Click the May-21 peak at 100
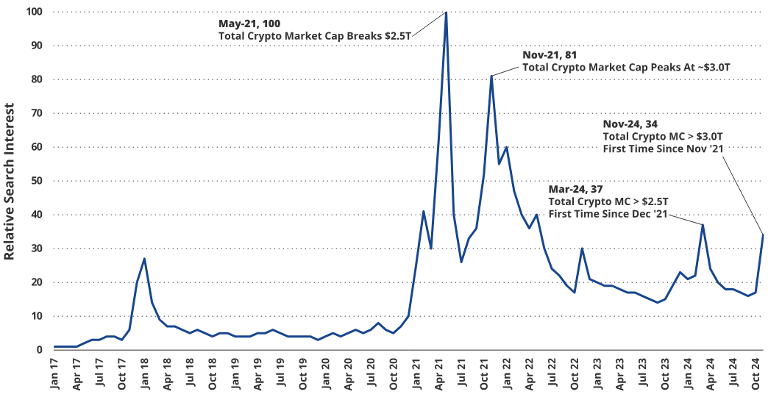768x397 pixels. coord(447,12)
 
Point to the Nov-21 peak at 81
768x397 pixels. coord(491,76)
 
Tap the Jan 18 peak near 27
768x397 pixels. coord(144,259)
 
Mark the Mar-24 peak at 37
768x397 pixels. coord(703,225)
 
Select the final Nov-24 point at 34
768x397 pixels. coord(763,235)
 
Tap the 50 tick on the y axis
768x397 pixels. coord(35,181)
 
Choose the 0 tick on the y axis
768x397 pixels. coord(38,350)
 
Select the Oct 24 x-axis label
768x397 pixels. coord(755,373)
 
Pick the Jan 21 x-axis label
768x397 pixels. coord(417,373)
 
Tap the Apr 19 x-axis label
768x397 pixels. coord(258,373)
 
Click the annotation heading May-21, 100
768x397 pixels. coord(249,24)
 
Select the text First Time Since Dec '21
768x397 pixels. coord(608,213)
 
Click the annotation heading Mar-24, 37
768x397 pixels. coord(576,189)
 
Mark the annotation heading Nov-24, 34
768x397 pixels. coord(630,124)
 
